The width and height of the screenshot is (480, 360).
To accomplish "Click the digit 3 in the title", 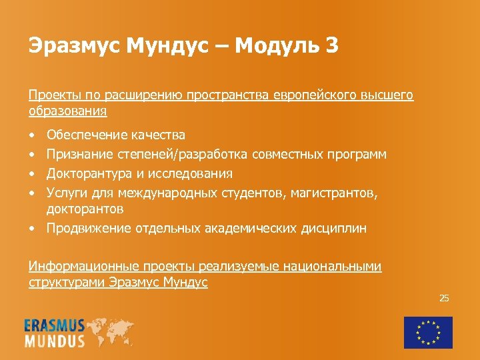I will pyautogui.click(x=331, y=46).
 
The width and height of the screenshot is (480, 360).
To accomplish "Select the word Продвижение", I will pyautogui.click(x=89, y=229).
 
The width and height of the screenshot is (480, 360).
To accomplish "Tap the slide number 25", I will pyautogui.click(x=444, y=298).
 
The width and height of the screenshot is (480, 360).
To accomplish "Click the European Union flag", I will pyautogui.click(x=428, y=332).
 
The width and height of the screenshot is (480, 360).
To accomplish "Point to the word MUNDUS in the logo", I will pyautogui.click(x=55, y=341).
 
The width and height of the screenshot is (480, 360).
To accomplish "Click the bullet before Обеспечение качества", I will pyautogui.click(x=33, y=136).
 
